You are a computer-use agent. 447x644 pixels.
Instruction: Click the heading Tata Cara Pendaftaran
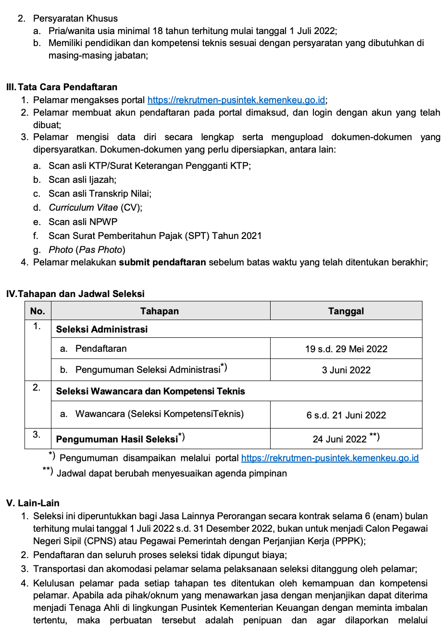67,87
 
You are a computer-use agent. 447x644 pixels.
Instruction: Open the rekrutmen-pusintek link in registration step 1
236,100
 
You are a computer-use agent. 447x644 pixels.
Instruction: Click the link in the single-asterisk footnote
330,458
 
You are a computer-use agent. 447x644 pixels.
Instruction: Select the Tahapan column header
160,311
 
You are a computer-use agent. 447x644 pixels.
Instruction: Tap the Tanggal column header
346,311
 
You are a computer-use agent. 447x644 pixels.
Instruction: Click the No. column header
37,311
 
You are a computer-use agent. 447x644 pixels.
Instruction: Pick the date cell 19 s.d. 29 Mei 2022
346,349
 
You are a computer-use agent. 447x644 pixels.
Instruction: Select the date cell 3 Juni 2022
346,370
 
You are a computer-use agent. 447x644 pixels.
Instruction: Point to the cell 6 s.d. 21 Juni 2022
346,415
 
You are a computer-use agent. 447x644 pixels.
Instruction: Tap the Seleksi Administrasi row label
102,329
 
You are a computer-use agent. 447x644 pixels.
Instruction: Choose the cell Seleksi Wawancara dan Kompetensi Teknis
150,391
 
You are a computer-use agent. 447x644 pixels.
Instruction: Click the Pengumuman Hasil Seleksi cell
117,439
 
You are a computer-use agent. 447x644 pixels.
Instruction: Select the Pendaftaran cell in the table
101,348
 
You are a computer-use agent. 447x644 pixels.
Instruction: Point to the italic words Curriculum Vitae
83,207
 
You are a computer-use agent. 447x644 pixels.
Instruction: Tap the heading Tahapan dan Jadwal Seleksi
81,294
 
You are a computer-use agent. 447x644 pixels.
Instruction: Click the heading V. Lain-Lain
33,503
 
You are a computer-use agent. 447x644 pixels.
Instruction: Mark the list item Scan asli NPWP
83,222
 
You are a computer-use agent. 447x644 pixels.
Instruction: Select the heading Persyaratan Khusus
75,18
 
